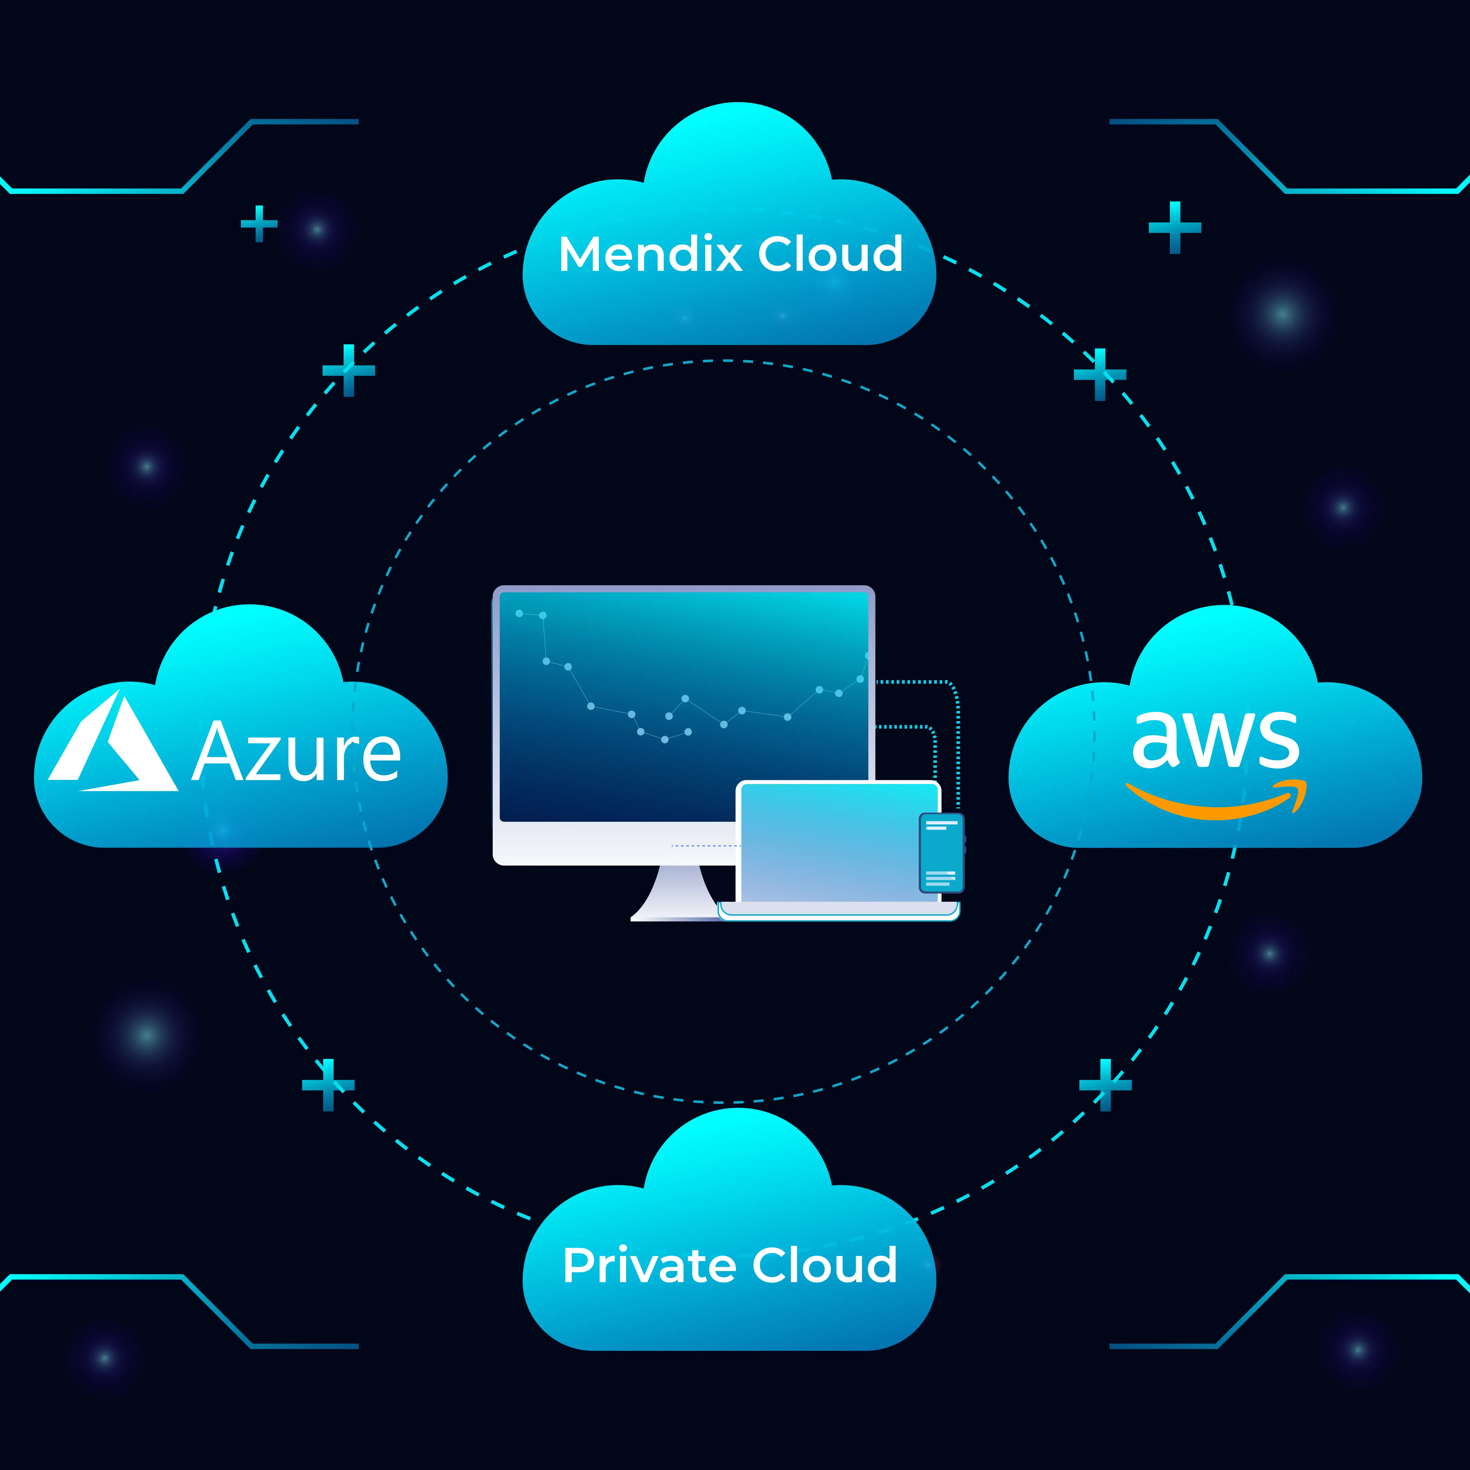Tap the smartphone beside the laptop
(941, 852)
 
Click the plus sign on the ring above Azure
(348, 371)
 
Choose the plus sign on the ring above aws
(1099, 374)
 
